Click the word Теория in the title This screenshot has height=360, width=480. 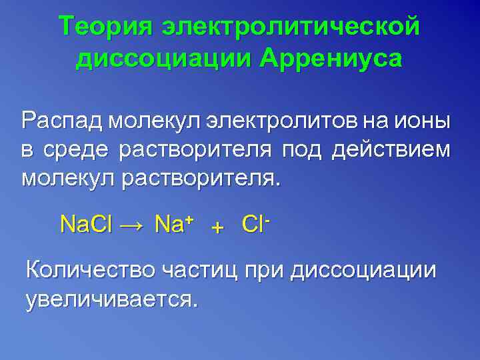[x=107, y=27]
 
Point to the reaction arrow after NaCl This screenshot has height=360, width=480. [x=131, y=225]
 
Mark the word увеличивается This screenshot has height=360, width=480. [x=111, y=299]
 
